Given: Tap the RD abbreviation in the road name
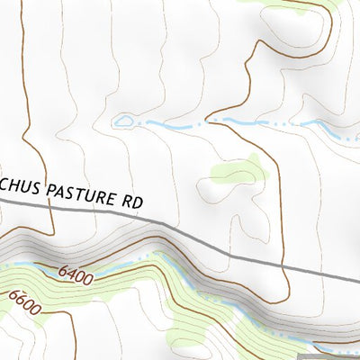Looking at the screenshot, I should coord(132,202).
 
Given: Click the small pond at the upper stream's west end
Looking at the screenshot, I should coord(123,120).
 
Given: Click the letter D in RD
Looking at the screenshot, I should coord(138,202).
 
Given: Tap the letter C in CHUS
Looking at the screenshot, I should coord(4,185).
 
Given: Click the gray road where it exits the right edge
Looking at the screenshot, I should coord(357,278).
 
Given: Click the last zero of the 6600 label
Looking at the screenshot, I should coord(38,309).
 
